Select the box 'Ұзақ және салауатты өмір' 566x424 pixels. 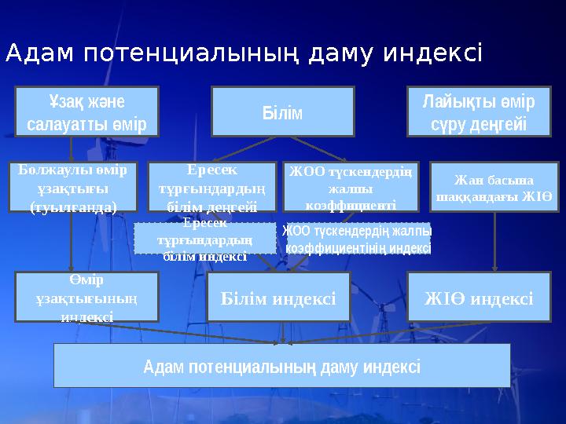pos(86,111)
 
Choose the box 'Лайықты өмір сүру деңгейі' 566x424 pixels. pos(479,111)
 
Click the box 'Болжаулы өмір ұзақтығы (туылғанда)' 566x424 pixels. pos(73,187)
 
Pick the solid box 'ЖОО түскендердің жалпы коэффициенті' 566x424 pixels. pos(351,186)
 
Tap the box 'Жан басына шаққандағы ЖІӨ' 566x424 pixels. pos(494,187)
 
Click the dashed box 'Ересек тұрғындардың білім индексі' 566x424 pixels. pos(204,238)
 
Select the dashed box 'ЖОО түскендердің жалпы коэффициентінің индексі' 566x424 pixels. pos(357,239)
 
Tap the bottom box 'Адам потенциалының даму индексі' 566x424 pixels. pos(281,365)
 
